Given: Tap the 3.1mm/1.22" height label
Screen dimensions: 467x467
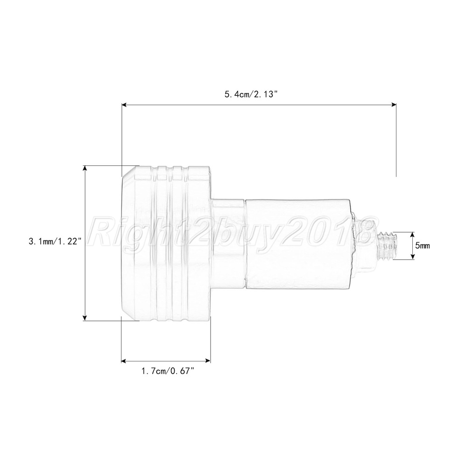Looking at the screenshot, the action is click(x=55, y=241).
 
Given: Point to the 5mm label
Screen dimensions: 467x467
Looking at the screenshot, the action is click(x=423, y=246).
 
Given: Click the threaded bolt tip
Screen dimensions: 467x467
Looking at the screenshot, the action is click(x=388, y=246).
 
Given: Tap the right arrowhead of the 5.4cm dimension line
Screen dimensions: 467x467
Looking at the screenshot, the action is click(x=393, y=105).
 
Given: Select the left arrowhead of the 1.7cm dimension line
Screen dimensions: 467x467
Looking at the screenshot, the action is click(x=124, y=361).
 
